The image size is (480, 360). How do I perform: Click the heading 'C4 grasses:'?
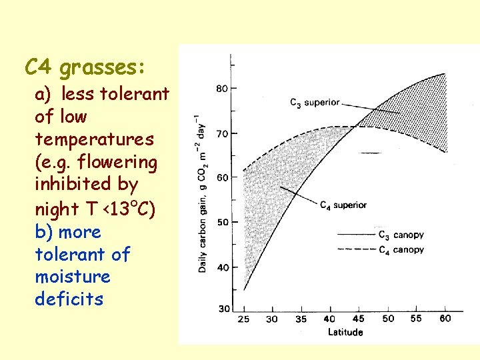[86, 67]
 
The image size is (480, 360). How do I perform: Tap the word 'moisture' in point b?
[73, 276]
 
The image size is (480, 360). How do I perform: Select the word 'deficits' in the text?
[69, 299]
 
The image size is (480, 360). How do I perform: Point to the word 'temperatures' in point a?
[94, 139]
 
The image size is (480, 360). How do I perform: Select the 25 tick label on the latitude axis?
[244, 319]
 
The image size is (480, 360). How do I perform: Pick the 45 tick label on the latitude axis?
[359, 319]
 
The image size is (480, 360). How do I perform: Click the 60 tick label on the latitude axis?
[445, 319]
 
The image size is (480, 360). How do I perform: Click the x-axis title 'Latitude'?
[345, 332]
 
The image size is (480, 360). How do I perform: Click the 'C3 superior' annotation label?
[315, 103]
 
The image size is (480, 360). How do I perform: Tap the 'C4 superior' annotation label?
[343, 205]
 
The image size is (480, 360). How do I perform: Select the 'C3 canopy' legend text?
[400, 235]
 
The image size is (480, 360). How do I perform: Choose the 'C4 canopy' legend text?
[400, 250]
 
